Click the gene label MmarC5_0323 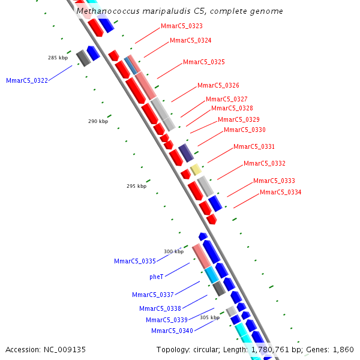coord(182,26)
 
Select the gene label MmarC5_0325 coord(204,62)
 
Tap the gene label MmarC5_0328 coord(232,108)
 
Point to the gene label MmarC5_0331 coord(254,146)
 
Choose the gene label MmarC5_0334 coord(281,192)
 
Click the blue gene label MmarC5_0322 coord(27,80)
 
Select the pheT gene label coord(157,277)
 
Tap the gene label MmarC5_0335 coord(135,261)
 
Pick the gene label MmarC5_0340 coord(172,331)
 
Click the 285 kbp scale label coord(58,58)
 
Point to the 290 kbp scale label coord(98,121)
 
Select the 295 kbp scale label coord(136,186)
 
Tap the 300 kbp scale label coord(173,251)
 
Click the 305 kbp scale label coord(209,317)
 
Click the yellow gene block coord(196,169)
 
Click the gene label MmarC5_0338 coord(160,308)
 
